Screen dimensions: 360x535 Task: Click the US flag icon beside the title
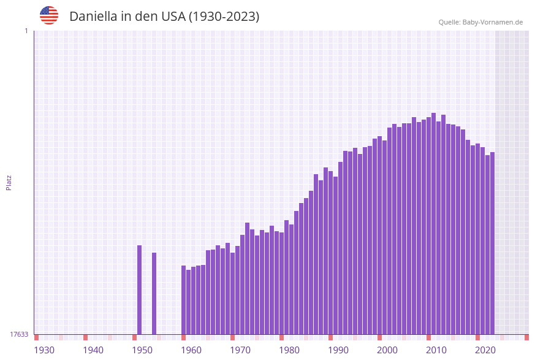(x=49, y=15)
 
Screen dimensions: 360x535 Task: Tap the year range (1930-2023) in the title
(x=224, y=17)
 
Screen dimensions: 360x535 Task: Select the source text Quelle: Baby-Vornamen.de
(x=480, y=22)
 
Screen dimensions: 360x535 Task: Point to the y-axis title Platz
(x=9, y=182)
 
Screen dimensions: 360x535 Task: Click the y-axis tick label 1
(x=26, y=31)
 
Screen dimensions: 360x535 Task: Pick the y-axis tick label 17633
(x=19, y=334)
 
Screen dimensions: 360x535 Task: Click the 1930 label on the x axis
(x=44, y=350)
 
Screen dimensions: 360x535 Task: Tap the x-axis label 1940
(x=93, y=350)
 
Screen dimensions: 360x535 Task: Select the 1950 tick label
(x=142, y=350)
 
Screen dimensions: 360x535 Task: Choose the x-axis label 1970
(x=240, y=350)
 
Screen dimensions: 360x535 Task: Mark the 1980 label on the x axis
(x=289, y=350)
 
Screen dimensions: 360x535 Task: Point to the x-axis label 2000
(x=387, y=350)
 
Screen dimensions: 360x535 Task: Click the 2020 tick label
(x=485, y=350)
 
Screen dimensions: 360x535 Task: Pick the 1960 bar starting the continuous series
(x=184, y=300)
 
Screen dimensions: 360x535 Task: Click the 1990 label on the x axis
(x=338, y=350)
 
